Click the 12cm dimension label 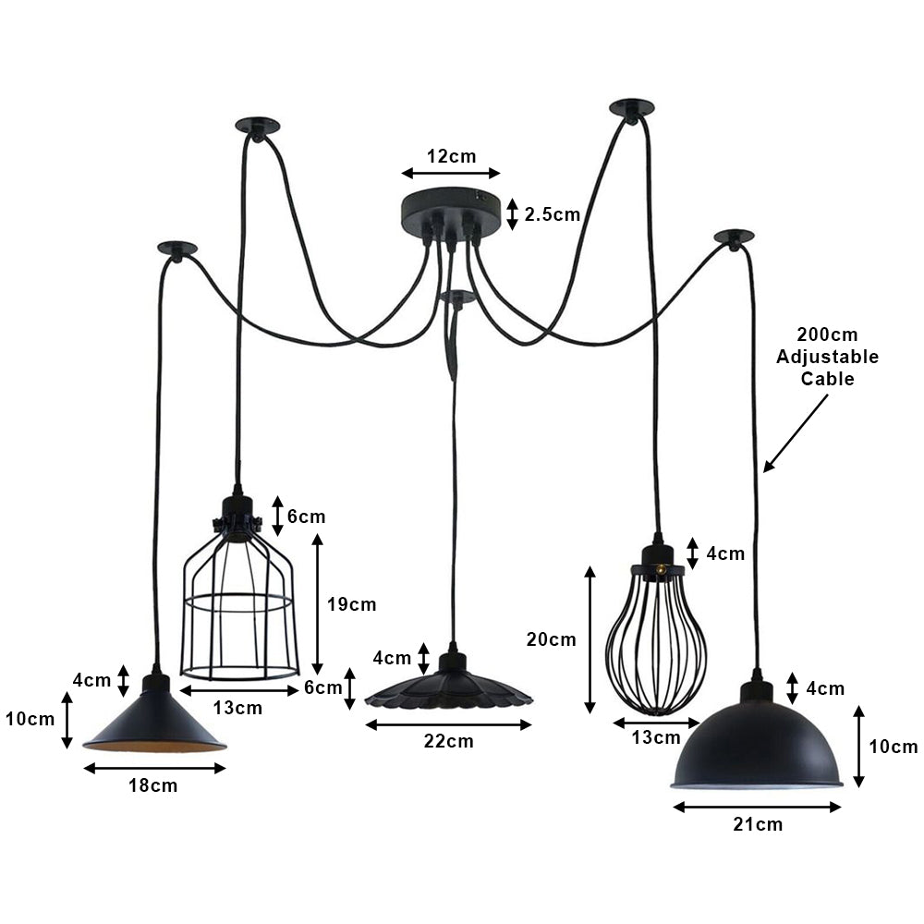tap(451, 155)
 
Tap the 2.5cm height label tap(552, 215)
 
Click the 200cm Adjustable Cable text tap(827, 356)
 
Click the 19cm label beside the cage tap(352, 605)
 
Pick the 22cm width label tap(448, 741)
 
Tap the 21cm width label tap(757, 824)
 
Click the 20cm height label tap(552, 639)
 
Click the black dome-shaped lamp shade tap(756, 744)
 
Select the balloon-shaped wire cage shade tap(656, 638)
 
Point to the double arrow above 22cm tap(448, 725)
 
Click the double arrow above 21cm tap(757, 807)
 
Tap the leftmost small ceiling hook tap(176, 249)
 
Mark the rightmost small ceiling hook tap(734, 237)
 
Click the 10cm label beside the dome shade tap(894, 747)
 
